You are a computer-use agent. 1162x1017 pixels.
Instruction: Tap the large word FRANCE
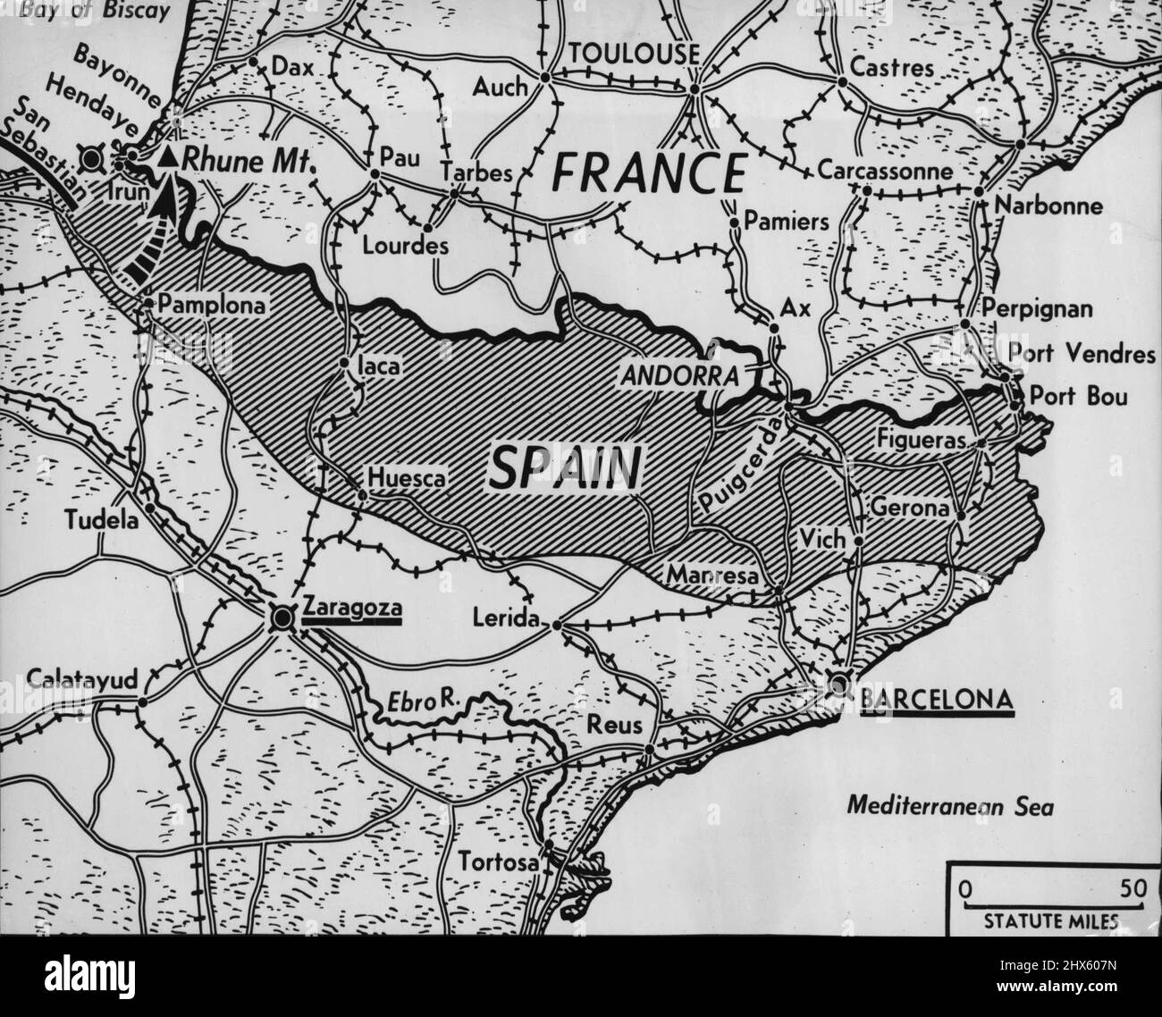point(648,172)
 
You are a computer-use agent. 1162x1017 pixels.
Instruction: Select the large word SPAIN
point(567,468)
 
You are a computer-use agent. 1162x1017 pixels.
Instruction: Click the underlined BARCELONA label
point(936,697)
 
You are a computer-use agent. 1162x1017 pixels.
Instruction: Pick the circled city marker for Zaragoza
point(282,617)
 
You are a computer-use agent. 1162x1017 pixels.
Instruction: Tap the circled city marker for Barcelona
point(838,685)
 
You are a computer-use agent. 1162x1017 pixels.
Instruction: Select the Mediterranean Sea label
point(950,808)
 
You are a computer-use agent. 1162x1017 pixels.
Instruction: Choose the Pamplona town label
point(213,306)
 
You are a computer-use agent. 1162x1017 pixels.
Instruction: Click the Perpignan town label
point(1037,309)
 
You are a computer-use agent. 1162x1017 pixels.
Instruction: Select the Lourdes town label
point(405,246)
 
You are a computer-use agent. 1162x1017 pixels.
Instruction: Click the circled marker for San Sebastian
point(90,160)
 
